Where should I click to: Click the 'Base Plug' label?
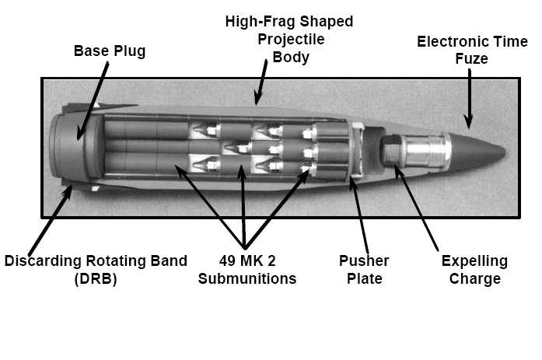tap(110, 52)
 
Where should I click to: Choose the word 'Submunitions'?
tap(247, 278)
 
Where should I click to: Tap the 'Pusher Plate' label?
tap(364, 269)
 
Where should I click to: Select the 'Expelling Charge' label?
tap(474, 269)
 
